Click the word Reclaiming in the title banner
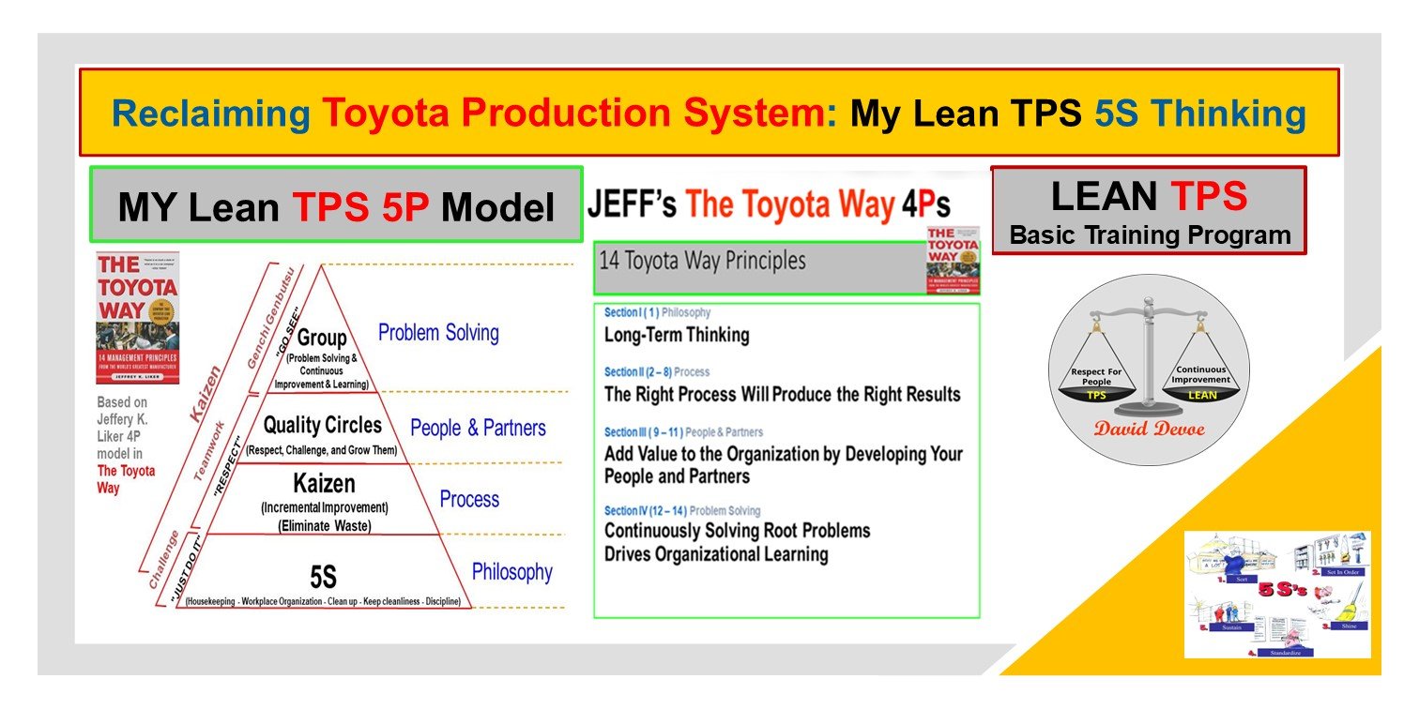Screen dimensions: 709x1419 (210, 113)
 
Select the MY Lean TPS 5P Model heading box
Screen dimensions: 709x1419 (336, 205)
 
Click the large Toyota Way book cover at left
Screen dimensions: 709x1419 (137, 318)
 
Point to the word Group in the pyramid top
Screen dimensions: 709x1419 (322, 338)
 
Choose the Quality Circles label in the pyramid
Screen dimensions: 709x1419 (322, 426)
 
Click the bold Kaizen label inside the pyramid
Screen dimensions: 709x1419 (324, 484)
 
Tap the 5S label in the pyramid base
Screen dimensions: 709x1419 (323, 575)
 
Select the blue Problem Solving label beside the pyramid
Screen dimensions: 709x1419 (438, 332)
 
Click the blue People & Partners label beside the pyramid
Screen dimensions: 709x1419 (478, 428)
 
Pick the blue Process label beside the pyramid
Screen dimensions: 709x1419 (469, 499)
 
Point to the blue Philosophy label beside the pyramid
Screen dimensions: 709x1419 (511, 572)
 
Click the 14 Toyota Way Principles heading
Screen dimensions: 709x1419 (702, 260)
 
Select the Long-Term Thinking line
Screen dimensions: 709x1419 (677, 335)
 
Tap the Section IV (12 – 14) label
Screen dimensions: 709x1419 (646, 511)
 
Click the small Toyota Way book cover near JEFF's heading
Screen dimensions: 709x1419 (953, 260)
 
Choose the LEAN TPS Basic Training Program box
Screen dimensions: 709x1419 (1149, 211)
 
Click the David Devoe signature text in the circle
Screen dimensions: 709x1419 (1148, 429)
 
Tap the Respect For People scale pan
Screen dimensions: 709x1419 (1096, 384)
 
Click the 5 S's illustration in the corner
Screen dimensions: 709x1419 (1277, 594)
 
